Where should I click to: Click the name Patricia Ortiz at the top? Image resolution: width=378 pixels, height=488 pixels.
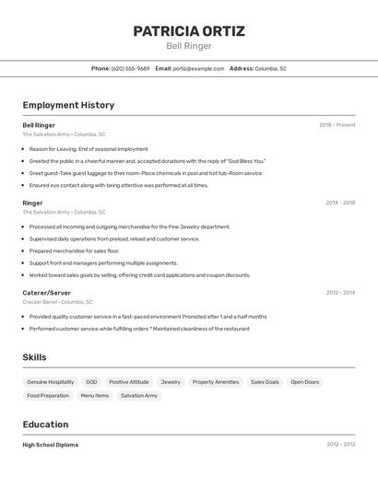(189, 31)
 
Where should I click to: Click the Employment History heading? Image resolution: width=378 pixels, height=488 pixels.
(68, 105)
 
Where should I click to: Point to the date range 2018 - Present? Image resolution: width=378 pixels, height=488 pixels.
(337, 125)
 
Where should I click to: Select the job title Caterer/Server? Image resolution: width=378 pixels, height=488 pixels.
(46, 293)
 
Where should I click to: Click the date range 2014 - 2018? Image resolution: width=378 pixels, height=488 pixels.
(340, 203)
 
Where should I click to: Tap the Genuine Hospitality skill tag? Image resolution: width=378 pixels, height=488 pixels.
(50, 382)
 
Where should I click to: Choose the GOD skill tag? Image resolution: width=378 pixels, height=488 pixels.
(91, 382)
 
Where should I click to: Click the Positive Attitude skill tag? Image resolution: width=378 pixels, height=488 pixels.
(128, 382)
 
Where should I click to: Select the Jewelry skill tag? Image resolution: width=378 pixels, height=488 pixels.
(171, 382)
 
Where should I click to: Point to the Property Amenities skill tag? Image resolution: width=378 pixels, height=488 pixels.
(216, 382)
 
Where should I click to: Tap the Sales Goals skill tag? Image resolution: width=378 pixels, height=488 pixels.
(265, 382)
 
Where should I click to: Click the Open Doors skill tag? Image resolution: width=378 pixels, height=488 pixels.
(305, 382)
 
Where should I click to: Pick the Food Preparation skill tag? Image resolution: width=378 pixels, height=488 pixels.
(48, 396)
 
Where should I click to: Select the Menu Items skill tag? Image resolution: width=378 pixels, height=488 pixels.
(95, 396)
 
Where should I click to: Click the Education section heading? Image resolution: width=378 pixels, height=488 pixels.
(45, 424)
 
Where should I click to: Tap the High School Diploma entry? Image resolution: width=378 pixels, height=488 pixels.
(50, 445)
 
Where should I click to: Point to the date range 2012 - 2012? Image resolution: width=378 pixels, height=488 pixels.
(340, 445)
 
